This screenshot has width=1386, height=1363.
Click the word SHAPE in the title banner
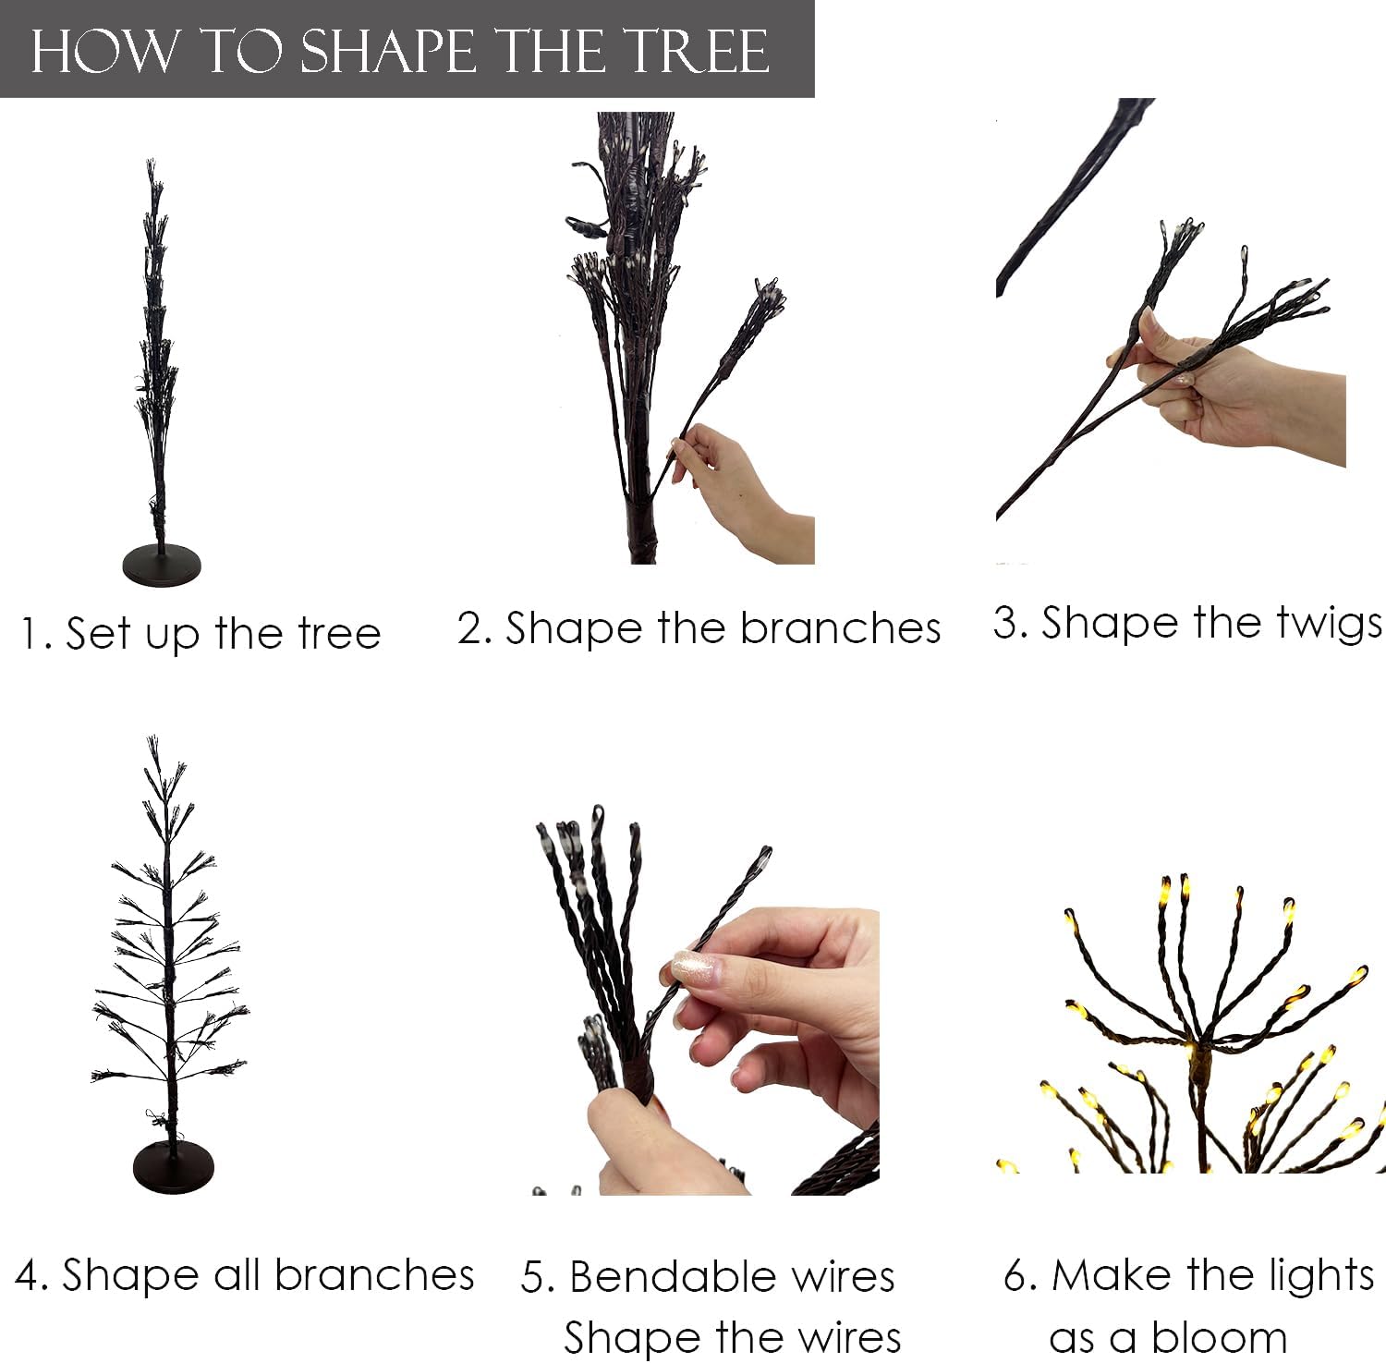pos(388,51)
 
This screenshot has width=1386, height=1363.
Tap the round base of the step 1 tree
pos(162,565)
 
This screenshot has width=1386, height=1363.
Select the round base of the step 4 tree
pos(173,1166)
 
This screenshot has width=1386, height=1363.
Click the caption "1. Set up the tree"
pos(201,634)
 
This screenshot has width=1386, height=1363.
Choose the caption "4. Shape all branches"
pos(245,1276)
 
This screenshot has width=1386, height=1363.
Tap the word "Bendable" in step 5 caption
pos(672,1277)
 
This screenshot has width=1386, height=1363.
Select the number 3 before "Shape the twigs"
pos(1003,623)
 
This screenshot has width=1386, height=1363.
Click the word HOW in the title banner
pos(102,51)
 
